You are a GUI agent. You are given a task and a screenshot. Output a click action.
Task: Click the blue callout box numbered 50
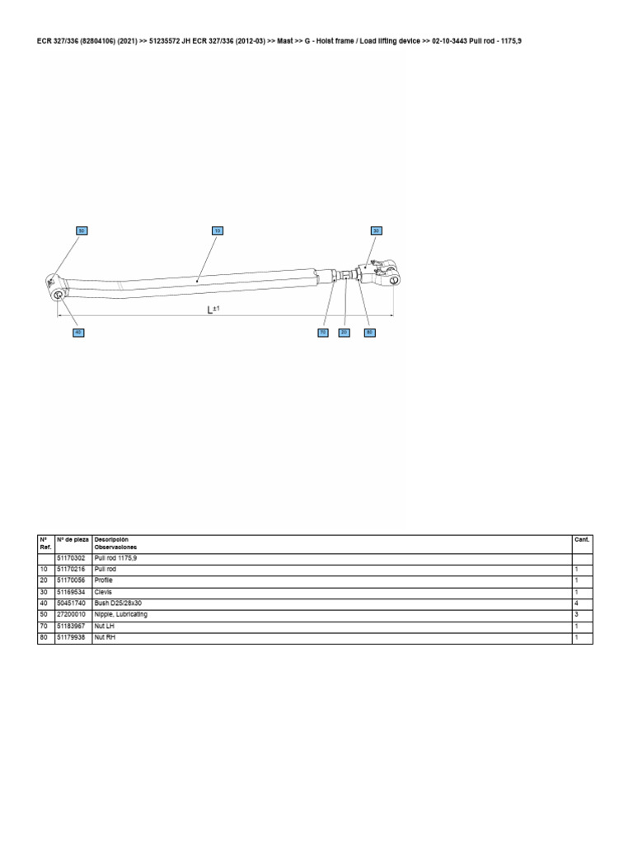click(x=82, y=231)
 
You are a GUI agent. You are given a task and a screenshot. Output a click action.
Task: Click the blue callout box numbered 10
click(x=218, y=231)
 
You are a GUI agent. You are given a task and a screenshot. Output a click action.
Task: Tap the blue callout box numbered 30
click(x=376, y=231)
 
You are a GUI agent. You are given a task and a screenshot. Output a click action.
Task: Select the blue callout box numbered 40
click(x=78, y=333)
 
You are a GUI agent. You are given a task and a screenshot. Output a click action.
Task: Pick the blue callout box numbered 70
click(x=323, y=333)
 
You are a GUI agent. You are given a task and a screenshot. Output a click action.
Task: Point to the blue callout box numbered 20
click(x=345, y=333)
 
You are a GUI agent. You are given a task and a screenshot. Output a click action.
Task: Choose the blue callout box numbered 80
click(x=370, y=333)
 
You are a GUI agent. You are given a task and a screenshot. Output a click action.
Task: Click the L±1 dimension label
click(x=212, y=310)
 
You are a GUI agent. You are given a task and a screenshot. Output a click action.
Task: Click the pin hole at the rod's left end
click(x=59, y=295)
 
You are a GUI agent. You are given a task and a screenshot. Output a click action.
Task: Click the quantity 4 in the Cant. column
click(x=577, y=603)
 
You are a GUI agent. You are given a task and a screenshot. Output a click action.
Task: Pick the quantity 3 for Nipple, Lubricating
click(x=577, y=615)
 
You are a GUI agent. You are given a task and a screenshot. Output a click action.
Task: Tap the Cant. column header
click(x=581, y=539)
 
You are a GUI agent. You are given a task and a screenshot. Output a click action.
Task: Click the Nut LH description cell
click(x=105, y=626)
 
